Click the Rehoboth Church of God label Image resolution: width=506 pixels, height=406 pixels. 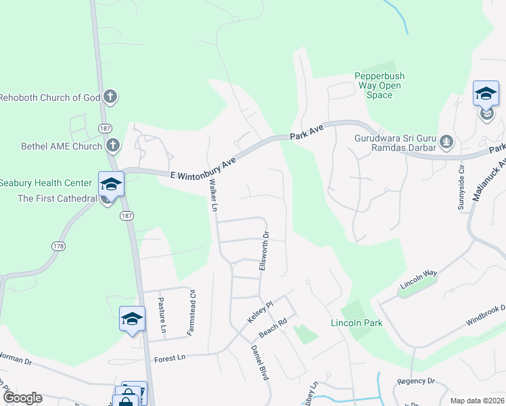(50, 97)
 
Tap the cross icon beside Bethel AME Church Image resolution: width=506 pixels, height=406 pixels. (113, 145)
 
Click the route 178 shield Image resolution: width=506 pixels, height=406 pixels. (58, 246)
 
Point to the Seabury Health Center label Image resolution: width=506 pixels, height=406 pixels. (45, 183)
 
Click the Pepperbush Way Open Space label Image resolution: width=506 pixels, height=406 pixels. (379, 86)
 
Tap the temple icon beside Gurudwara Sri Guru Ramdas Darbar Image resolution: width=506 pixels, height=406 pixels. (446, 142)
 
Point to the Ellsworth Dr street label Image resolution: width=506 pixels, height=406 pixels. (265, 252)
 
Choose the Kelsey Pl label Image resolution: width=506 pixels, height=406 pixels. (258, 312)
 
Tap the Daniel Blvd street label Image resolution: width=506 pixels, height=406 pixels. (260, 363)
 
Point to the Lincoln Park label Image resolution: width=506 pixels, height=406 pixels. (356, 323)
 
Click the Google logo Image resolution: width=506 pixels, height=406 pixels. (22, 398)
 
